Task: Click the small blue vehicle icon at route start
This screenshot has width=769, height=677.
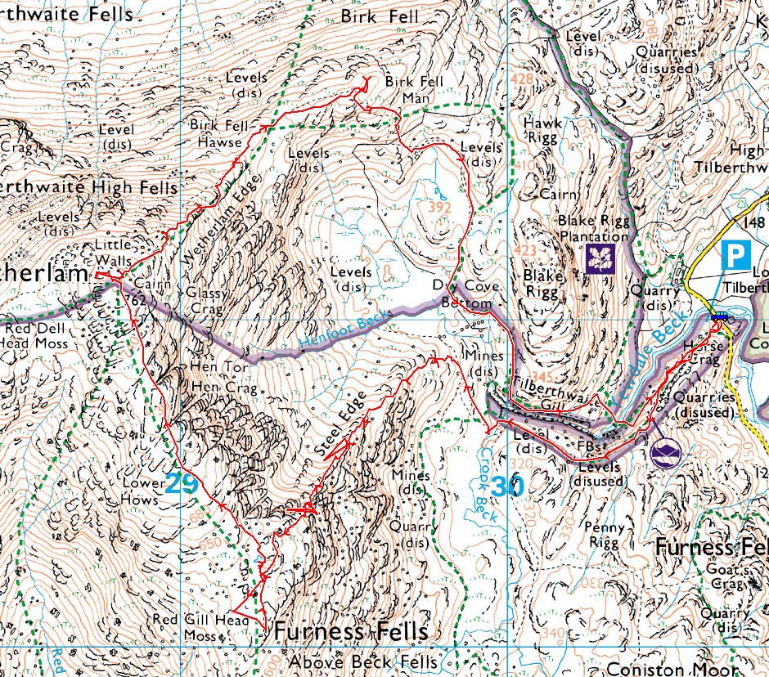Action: (x=720, y=317)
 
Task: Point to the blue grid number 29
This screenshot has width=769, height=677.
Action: (x=182, y=484)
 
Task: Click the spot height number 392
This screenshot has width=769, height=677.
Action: (x=440, y=207)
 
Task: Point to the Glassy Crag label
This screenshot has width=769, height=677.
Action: (x=205, y=299)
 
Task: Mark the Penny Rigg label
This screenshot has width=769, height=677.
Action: (x=607, y=536)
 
